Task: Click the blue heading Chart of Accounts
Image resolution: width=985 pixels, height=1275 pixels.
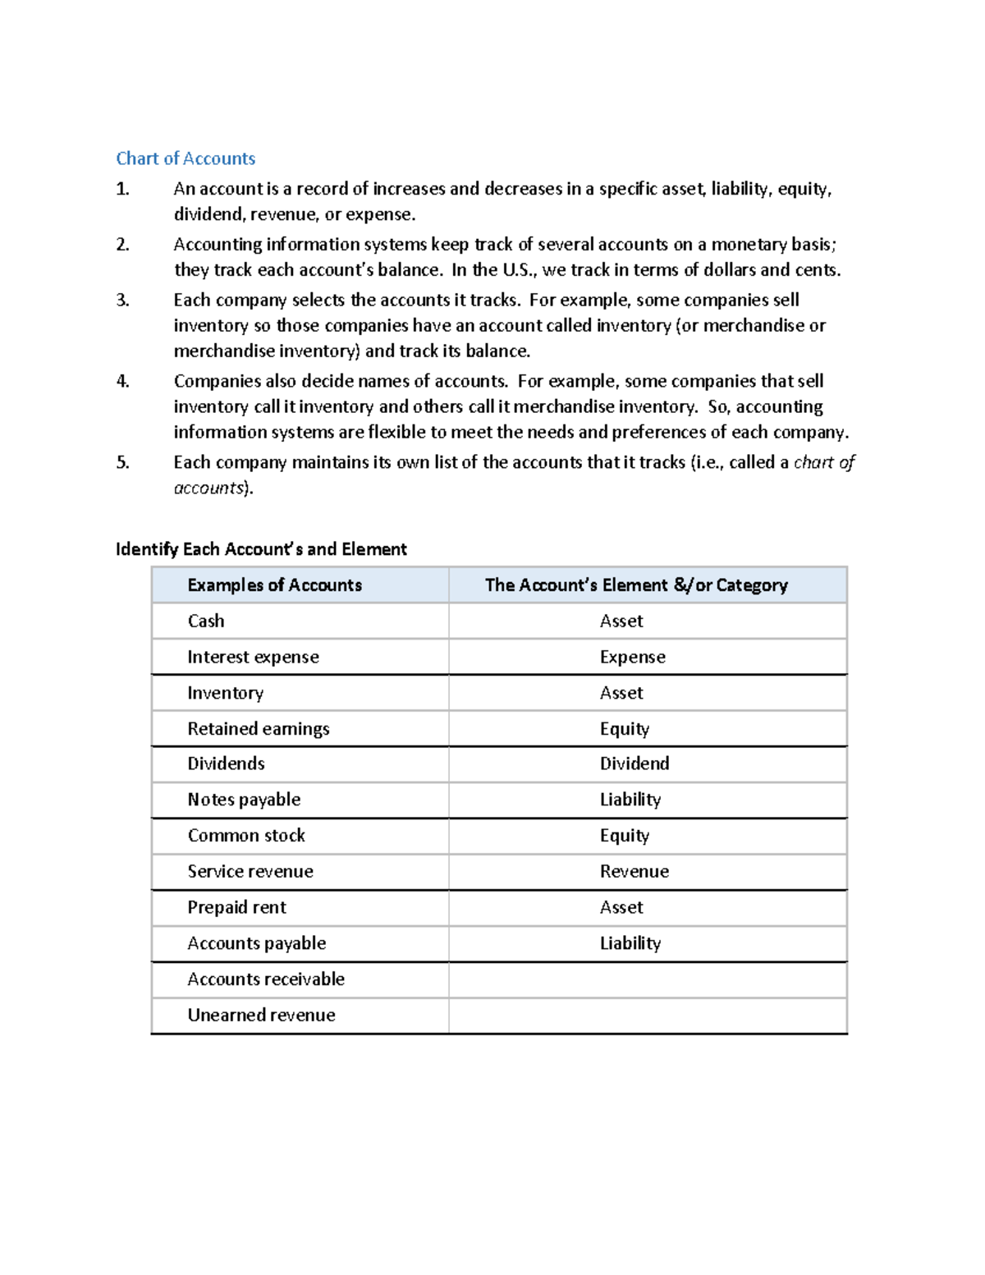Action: coord(186,158)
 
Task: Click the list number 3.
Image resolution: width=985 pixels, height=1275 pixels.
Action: coord(122,300)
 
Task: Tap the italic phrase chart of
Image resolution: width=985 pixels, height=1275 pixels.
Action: coord(824,462)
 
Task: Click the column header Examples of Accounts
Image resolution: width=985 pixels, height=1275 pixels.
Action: coord(274,585)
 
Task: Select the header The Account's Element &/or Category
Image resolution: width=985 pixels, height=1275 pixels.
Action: coord(636,585)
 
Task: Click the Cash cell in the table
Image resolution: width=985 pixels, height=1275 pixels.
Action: coord(206,621)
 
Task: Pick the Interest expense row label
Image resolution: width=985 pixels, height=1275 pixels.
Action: coord(253,657)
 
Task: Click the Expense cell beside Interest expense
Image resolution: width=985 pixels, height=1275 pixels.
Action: coord(632,657)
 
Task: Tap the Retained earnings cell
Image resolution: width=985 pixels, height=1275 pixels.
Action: coord(259,729)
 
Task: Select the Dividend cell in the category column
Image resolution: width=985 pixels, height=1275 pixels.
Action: coord(635,764)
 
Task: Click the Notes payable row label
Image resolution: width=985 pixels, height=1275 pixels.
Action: coord(244,800)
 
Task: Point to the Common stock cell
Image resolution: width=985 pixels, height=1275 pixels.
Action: coord(246,836)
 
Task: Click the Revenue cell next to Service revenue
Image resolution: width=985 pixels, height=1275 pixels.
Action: coord(634,872)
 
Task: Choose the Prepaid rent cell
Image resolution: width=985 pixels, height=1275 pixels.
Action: coord(236,908)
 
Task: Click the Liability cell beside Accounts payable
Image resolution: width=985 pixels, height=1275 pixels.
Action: coord(630,943)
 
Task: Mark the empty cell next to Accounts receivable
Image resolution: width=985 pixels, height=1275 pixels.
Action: coord(648,979)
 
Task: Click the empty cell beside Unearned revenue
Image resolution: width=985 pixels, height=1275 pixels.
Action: coord(648,1016)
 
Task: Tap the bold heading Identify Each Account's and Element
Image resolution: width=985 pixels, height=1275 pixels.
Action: coord(261,549)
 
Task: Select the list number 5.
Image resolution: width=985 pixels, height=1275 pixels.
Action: coord(122,462)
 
